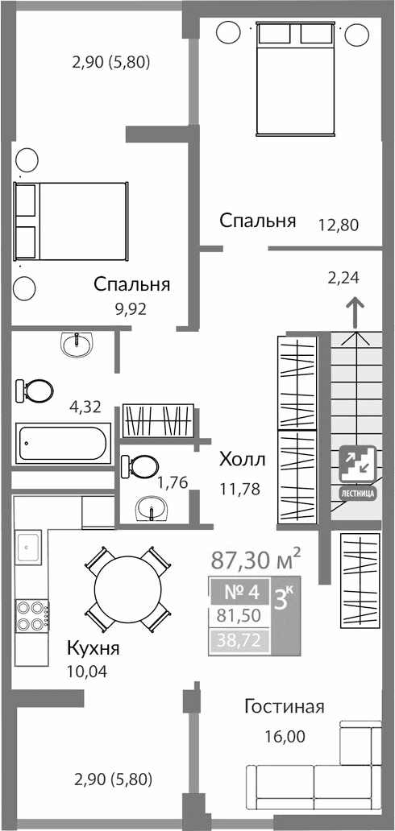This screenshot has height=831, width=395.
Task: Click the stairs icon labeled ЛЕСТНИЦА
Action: (355, 472)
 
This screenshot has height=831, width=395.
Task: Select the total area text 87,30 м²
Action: (256, 557)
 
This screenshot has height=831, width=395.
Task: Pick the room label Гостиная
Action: (285, 707)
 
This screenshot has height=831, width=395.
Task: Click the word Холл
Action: (242, 460)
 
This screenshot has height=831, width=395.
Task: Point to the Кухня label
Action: (94, 649)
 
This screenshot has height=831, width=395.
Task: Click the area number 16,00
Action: (285, 735)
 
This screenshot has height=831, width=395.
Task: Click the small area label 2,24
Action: (343, 278)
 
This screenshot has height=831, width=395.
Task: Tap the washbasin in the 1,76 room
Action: (151, 508)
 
